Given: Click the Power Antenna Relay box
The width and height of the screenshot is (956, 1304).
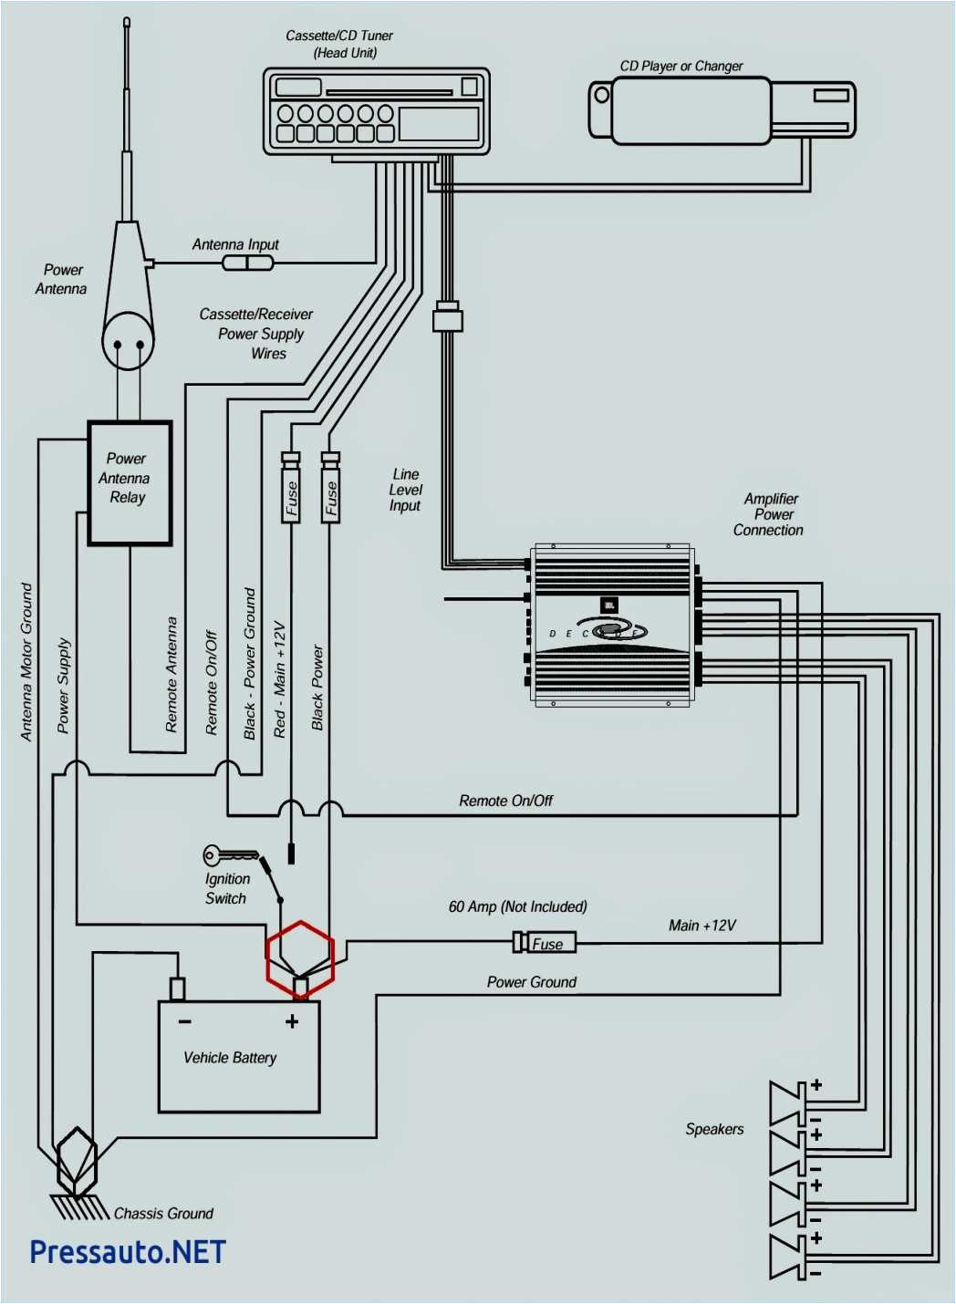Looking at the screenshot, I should [x=130, y=482].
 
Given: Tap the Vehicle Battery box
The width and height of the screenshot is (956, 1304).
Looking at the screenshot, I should [x=239, y=1057].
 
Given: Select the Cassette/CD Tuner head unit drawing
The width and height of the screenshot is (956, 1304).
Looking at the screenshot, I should [x=377, y=111].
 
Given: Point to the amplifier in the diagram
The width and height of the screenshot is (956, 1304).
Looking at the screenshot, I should [x=612, y=626].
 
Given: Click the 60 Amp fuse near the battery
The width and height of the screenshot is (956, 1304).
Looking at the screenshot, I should [x=545, y=943].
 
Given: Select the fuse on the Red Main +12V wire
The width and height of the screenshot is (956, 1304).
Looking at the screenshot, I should [x=291, y=489].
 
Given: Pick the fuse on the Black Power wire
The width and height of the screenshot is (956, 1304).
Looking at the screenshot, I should [x=330, y=489].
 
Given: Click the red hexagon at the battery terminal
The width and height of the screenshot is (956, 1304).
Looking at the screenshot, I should [x=300, y=958].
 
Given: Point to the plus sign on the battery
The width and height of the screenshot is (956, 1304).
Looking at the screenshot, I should [x=292, y=1021].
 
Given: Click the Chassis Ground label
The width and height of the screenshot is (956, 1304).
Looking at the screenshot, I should [x=163, y=1213].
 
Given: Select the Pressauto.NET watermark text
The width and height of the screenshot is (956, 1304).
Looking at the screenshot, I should [x=128, y=1252].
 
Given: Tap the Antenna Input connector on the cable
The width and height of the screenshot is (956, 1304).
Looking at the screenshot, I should [x=247, y=264].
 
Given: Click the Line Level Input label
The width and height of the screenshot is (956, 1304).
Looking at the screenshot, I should [x=405, y=490].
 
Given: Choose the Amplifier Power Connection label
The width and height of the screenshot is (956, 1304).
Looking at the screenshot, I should [x=769, y=514].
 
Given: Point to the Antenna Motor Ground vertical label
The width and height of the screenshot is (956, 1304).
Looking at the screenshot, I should [x=26, y=662].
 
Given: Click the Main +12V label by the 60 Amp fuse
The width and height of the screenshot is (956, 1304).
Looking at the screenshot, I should [x=701, y=926].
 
